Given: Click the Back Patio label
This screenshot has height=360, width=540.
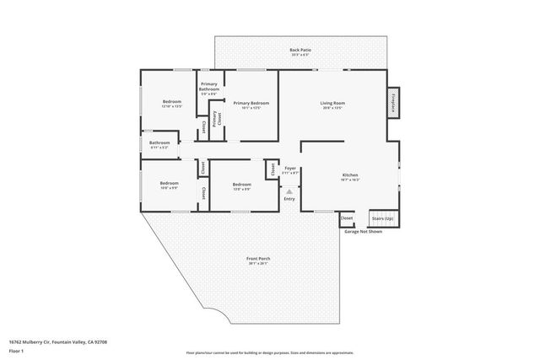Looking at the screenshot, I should (x=300, y=51).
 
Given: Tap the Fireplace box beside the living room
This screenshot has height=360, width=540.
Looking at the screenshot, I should (x=392, y=103).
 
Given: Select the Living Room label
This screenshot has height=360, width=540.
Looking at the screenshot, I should (x=332, y=104).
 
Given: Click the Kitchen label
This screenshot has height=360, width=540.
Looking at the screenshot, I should (x=350, y=175).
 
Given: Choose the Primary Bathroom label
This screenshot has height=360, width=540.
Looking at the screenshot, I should (x=209, y=86).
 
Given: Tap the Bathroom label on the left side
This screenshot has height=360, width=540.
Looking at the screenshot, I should (x=159, y=143).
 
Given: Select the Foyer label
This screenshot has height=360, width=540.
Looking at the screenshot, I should (x=289, y=169).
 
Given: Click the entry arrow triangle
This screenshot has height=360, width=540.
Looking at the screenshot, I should (x=289, y=191).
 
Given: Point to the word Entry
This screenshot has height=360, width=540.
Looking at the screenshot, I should (x=289, y=199).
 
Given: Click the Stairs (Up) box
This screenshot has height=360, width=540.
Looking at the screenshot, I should (x=381, y=218).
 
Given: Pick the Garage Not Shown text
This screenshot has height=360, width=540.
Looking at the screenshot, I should (x=363, y=231).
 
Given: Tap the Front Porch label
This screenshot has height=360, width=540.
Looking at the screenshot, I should (x=258, y=258).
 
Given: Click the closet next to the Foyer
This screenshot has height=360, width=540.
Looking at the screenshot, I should (x=272, y=169).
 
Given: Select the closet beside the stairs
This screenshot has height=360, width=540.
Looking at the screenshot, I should (x=347, y=218).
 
